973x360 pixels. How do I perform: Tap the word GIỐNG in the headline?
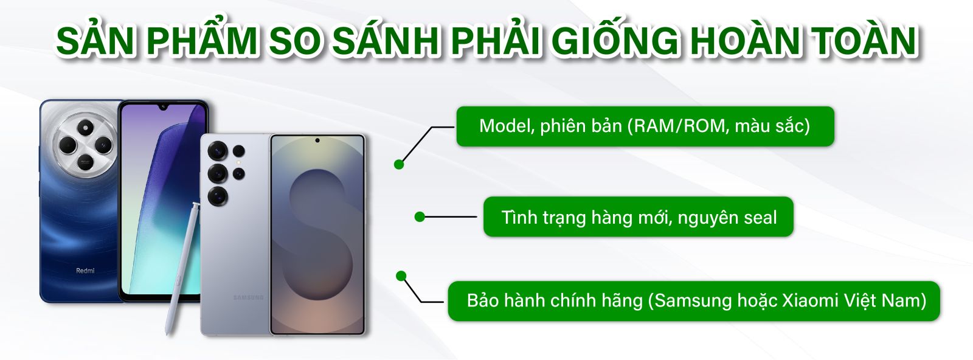(x=617, y=41)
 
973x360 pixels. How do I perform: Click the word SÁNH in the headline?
(x=386, y=41)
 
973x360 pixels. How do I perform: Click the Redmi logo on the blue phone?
(x=85, y=271)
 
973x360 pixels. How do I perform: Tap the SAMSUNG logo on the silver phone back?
(x=249, y=297)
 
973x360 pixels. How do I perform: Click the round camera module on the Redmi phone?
(x=85, y=144)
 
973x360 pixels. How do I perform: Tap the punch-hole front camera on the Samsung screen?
(x=317, y=140)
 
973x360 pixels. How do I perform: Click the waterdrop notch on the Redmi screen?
(x=164, y=107)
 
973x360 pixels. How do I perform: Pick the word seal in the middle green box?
(x=760, y=217)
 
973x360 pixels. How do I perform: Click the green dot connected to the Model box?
(x=400, y=164)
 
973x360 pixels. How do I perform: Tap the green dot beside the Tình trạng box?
(x=420, y=216)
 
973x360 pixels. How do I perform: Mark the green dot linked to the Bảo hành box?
(x=401, y=276)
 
